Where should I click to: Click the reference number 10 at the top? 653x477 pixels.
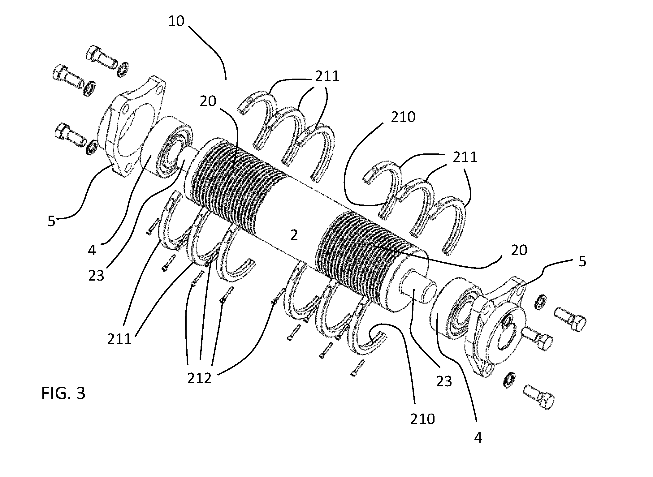pyautogui.click(x=176, y=21)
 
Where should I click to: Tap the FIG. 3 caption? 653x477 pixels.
pyautogui.click(x=63, y=393)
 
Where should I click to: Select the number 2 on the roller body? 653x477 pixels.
pyautogui.click(x=294, y=235)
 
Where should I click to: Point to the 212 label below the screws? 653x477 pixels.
pyautogui.click(x=200, y=378)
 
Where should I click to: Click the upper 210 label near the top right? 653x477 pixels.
pyautogui.click(x=403, y=117)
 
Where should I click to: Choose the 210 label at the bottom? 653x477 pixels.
pyautogui.click(x=423, y=419)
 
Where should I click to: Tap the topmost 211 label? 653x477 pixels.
pyautogui.click(x=327, y=76)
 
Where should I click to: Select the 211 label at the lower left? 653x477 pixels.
pyautogui.click(x=119, y=339)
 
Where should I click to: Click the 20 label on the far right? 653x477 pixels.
pyautogui.click(x=519, y=250)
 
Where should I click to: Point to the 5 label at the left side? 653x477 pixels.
pyautogui.click(x=51, y=221)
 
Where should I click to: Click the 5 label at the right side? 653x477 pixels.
pyautogui.click(x=582, y=262)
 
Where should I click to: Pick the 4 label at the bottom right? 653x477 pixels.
pyautogui.click(x=478, y=438)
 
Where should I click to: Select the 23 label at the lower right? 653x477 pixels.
pyautogui.click(x=444, y=381)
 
